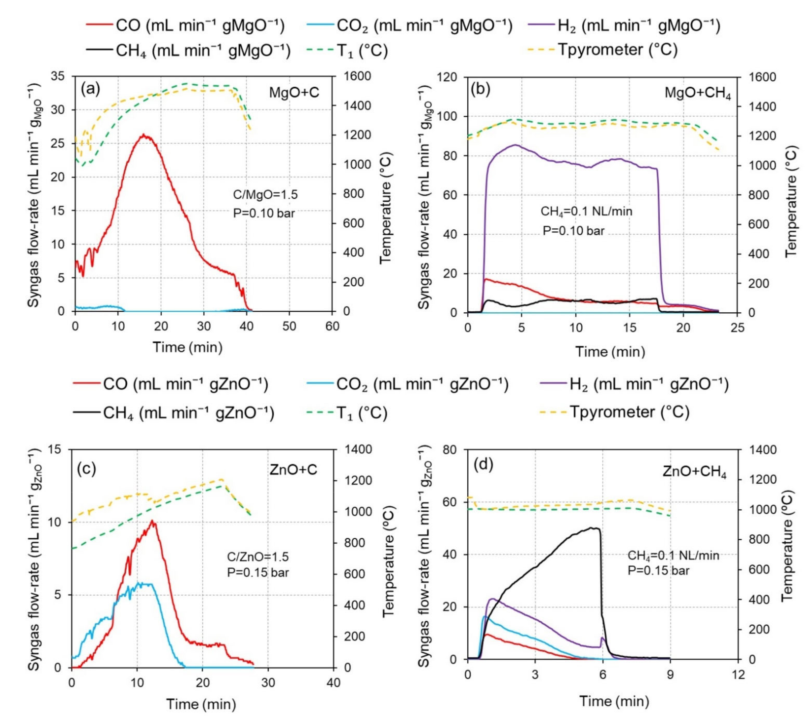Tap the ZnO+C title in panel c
[293, 469]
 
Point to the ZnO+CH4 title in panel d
[694, 472]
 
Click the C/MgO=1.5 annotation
[265, 195]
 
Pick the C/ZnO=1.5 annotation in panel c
[258, 556]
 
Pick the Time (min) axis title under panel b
[610, 352]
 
